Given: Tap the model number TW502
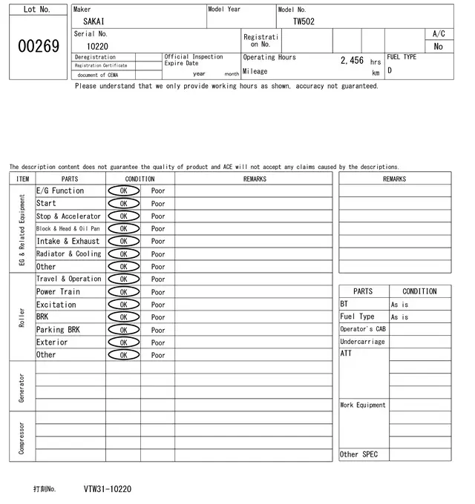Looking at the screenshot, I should point(304,22).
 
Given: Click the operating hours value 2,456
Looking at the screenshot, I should point(352,61).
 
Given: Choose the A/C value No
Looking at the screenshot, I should point(438,46).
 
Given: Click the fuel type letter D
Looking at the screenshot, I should point(390,71).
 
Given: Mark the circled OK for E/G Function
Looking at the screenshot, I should point(123,191).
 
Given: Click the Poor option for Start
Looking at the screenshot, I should point(158,204).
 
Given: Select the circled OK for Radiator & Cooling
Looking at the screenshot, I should point(123,254).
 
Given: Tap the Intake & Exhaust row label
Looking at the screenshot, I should point(68,242).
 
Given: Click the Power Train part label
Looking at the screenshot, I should point(58,292).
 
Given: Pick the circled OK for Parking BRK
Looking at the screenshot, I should point(123,330).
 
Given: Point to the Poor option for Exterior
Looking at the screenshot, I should point(158,342).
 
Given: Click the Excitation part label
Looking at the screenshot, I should point(56,305).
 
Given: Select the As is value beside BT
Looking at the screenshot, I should point(399,305).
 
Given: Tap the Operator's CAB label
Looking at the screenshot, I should point(363,329).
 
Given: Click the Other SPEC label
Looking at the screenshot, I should point(358,454).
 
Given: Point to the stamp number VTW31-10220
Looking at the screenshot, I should point(108,489).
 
